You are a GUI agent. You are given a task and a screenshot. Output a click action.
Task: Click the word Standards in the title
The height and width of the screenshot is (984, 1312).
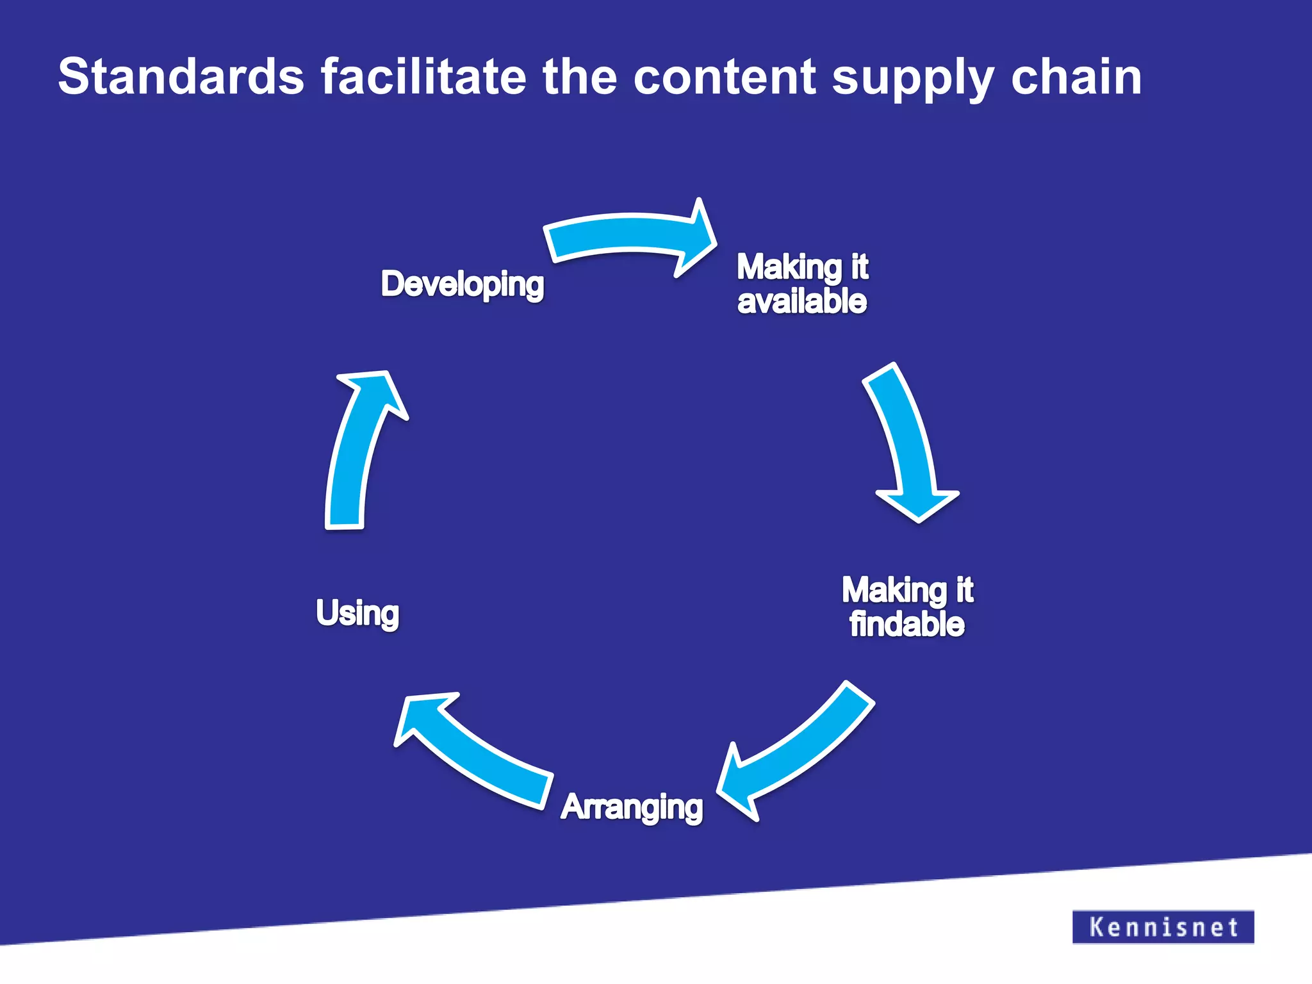[x=181, y=77]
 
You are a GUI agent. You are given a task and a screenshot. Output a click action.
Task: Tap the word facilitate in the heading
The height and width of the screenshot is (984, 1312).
[x=423, y=77]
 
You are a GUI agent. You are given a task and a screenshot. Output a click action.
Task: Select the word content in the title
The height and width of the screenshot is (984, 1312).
[x=725, y=77]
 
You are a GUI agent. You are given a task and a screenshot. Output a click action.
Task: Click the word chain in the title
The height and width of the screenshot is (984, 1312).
[x=1076, y=77]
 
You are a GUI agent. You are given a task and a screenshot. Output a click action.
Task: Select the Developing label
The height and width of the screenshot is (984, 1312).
[x=462, y=284]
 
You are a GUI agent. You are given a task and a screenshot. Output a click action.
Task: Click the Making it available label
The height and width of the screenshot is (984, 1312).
[x=802, y=284]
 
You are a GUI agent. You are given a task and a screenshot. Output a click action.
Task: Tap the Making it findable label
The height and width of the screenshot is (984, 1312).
[x=907, y=607]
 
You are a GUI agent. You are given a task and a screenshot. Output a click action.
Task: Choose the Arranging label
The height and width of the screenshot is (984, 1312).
[x=632, y=807]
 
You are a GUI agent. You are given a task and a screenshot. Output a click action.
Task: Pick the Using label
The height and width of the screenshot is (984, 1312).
[x=357, y=613]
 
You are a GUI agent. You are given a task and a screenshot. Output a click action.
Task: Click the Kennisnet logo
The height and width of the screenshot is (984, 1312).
[x=1163, y=926]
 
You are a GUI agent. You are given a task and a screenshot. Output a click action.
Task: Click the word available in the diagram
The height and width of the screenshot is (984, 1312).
[x=802, y=301]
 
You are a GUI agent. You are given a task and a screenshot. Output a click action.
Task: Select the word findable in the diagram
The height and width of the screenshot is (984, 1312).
[x=906, y=624]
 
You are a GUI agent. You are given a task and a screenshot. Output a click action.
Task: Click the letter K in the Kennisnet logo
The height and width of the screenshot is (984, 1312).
[x=1097, y=926]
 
